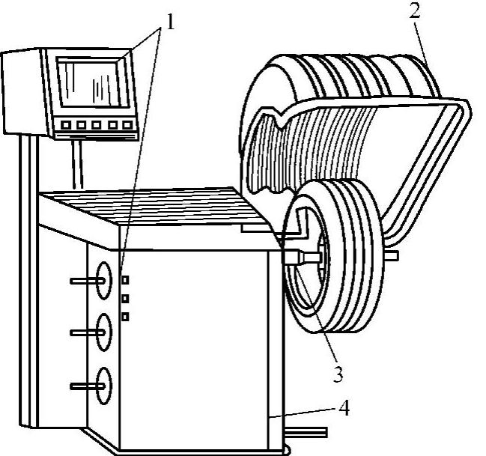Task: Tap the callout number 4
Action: click(344, 408)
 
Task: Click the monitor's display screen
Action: click(94, 83)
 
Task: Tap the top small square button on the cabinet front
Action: click(125, 280)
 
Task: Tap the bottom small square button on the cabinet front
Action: click(125, 317)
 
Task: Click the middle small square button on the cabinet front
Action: click(125, 298)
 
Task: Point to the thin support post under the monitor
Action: click(76, 165)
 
